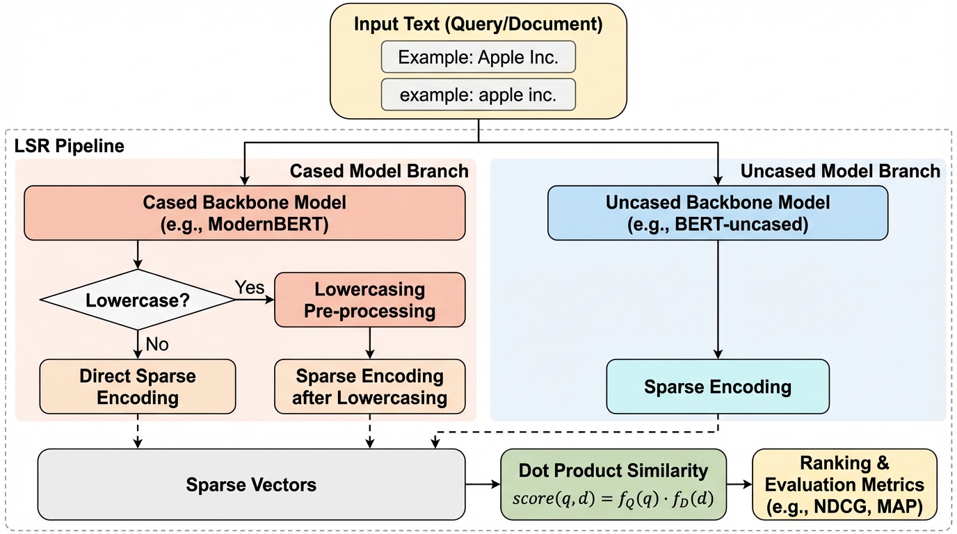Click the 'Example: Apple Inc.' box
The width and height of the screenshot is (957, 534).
coord(478,58)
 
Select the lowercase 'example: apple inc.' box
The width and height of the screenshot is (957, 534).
coord(478,95)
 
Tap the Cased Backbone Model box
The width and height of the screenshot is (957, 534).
coord(244,213)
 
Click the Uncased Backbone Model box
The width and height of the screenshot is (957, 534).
coord(717,213)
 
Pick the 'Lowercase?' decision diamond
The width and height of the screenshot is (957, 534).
coord(138,300)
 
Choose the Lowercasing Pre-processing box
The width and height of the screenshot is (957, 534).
coord(369,300)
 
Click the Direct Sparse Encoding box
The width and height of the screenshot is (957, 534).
coord(138,387)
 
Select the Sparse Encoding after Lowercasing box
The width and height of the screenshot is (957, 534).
coord(369,387)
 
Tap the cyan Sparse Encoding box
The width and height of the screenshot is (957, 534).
coord(717,387)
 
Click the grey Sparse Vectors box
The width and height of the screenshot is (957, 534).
coord(251,484)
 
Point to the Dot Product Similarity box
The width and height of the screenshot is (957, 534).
coord(613,484)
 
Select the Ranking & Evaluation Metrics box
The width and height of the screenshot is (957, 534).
coord(844,484)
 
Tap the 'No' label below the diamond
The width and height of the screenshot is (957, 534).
coord(156,343)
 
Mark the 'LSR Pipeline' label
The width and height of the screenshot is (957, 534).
coord(70,146)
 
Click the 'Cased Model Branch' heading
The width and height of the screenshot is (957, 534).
coord(379,171)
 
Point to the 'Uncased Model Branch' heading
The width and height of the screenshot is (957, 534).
coord(839,171)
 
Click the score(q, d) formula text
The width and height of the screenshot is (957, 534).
coord(613,499)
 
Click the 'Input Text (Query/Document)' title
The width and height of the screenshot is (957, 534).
coord(478,24)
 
